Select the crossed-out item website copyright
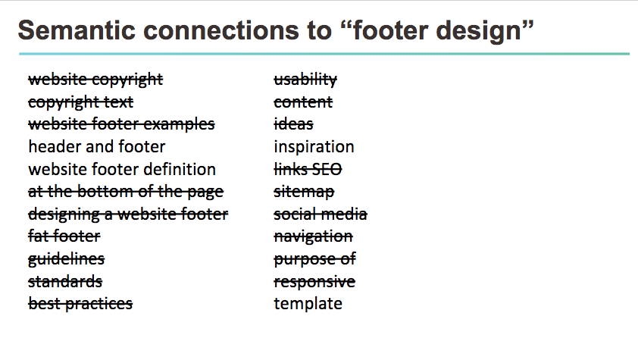(95, 79)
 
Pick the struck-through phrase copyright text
(80, 102)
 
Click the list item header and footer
(96, 146)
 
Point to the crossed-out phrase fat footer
(64, 236)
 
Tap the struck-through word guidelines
(66, 259)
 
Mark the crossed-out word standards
(65, 282)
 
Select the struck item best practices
(80, 304)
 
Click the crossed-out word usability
(305, 79)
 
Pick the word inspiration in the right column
(314, 146)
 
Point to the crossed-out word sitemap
(304, 192)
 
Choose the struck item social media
(321, 214)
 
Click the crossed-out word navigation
(313, 236)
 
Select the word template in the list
(308, 304)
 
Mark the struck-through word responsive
(314, 282)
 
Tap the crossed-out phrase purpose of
(314, 259)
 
